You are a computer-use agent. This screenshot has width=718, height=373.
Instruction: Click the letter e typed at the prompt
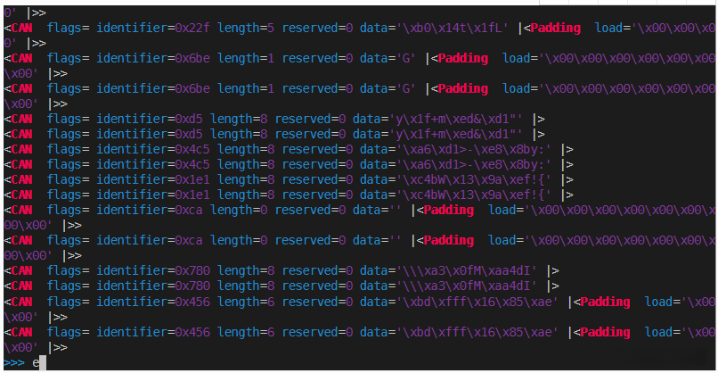[x=36, y=362]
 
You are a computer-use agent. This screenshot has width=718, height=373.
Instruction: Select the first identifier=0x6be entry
[x=153, y=58]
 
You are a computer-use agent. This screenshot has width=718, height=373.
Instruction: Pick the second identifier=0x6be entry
[x=153, y=88]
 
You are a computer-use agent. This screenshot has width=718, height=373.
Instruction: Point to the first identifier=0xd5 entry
[x=150, y=119]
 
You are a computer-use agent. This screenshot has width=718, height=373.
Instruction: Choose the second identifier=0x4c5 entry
[x=153, y=164]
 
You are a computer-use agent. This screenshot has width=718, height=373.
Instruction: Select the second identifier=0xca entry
[x=150, y=241]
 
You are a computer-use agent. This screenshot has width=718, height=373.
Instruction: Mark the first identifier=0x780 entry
[x=153, y=270]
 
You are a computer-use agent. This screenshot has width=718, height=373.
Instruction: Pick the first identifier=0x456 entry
[x=153, y=301]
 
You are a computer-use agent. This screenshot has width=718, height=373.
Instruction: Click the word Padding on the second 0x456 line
[x=605, y=331]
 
